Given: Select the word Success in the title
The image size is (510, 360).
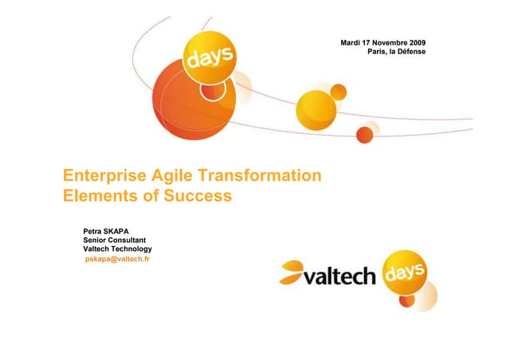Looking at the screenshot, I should [199, 194].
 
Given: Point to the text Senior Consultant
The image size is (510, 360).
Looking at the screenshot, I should [114, 241].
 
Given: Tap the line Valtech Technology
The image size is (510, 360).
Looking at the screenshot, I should [117, 250].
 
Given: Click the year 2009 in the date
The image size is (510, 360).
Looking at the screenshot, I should [415, 41].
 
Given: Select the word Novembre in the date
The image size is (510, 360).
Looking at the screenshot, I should [384, 41].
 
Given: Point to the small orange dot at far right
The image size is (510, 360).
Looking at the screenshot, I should [365, 133].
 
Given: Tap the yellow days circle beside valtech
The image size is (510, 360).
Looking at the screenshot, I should [407, 276].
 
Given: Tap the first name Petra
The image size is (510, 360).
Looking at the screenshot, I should [94, 232].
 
